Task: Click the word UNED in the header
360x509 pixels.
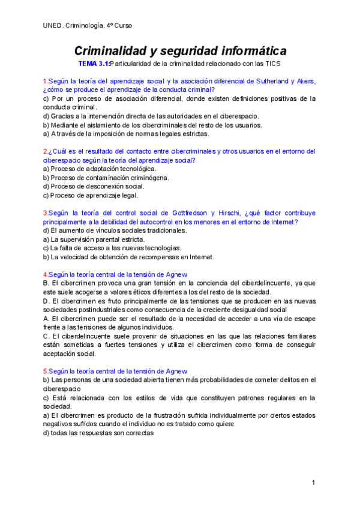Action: tap(53, 25)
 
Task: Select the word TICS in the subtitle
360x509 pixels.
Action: tap(272, 63)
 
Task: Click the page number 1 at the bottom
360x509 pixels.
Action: tap(313, 483)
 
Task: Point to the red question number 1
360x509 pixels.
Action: tap(45, 81)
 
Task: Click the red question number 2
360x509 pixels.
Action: tap(45, 152)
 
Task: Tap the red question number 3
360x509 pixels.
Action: tap(45, 213)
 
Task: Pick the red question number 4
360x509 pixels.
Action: tap(45, 274)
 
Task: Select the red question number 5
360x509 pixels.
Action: tap(45, 372)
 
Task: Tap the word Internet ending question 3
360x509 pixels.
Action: tap(282, 222)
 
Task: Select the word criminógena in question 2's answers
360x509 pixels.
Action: tap(147, 178)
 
